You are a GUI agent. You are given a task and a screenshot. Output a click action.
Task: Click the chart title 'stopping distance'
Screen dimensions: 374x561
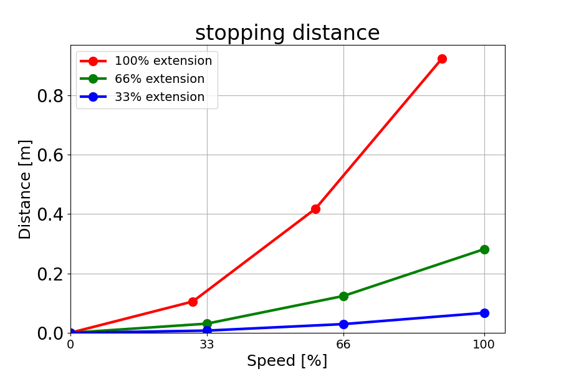coord(287,33)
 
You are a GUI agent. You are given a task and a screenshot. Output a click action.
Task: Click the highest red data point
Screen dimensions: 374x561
coord(442,59)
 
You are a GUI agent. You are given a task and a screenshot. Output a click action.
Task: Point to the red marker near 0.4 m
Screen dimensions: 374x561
coord(315,209)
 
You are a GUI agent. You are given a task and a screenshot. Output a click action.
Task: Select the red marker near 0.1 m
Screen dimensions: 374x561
coord(193,302)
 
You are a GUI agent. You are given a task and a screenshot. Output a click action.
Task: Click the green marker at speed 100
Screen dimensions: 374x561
coord(484,249)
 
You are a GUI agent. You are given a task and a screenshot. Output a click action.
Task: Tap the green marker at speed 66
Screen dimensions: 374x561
coord(343,296)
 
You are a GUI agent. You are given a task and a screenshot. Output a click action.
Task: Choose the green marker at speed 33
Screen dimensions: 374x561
coord(207,324)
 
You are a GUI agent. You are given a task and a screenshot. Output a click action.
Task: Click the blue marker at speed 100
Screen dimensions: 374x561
coord(484,313)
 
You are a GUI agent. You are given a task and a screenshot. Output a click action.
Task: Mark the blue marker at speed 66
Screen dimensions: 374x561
coord(343,324)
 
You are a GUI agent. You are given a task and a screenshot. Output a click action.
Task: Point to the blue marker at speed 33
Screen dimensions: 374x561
coord(207,330)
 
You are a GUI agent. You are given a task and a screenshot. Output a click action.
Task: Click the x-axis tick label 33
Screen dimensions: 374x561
coord(207,344)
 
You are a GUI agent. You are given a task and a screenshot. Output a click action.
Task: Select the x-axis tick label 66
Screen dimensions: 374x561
coord(343,344)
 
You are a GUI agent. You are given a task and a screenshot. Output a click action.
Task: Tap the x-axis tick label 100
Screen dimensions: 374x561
coord(484,344)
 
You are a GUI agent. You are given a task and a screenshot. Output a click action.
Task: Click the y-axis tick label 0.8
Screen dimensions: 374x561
coord(50,96)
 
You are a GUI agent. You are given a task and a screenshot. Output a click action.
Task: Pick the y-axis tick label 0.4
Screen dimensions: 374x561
coord(50,214)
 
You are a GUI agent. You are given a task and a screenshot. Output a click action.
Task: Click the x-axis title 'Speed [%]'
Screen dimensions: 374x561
coord(287,361)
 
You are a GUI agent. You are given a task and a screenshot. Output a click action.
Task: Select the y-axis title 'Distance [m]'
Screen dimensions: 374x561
coord(25,189)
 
